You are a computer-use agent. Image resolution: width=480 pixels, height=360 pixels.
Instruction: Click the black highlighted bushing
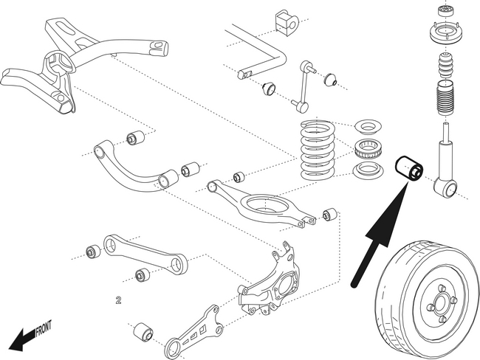click(x=408, y=170)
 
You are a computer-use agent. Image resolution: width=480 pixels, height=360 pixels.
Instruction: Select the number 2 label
click(x=117, y=300)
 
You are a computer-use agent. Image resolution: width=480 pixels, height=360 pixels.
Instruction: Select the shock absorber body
click(x=446, y=151)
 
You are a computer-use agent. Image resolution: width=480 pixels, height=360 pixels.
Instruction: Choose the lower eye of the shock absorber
click(x=445, y=188)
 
